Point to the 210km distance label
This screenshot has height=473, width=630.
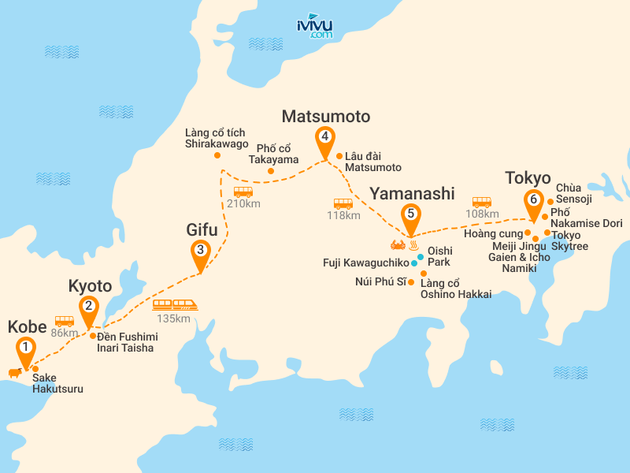click(x=243, y=204)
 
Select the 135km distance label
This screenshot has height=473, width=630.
click(x=173, y=318)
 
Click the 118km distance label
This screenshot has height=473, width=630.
click(x=343, y=215)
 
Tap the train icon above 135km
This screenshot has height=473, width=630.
click(x=174, y=304)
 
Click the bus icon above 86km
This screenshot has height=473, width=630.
click(x=64, y=321)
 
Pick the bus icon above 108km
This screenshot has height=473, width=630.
click(x=481, y=201)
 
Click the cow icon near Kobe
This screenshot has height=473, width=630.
click(x=13, y=372)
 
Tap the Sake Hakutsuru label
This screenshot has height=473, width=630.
click(x=57, y=383)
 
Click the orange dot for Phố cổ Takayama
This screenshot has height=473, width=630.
click(x=271, y=171)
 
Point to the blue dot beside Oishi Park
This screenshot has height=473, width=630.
click(x=421, y=257)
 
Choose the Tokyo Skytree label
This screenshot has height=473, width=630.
click(x=570, y=241)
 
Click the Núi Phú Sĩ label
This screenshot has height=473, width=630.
click(x=380, y=282)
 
